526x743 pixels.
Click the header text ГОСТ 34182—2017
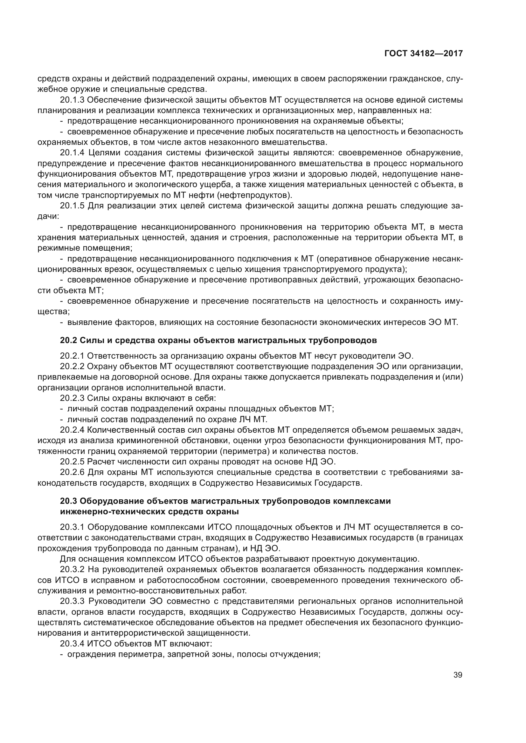[423, 54]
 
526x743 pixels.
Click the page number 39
[458, 675]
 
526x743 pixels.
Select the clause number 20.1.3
[72, 100]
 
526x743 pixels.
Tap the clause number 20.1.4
[72, 153]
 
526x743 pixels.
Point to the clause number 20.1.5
[72, 206]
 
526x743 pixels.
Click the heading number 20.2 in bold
[68, 341]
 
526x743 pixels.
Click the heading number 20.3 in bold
[68, 501]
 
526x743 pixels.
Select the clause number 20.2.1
[72, 356]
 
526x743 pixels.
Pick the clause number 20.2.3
[72, 398]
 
